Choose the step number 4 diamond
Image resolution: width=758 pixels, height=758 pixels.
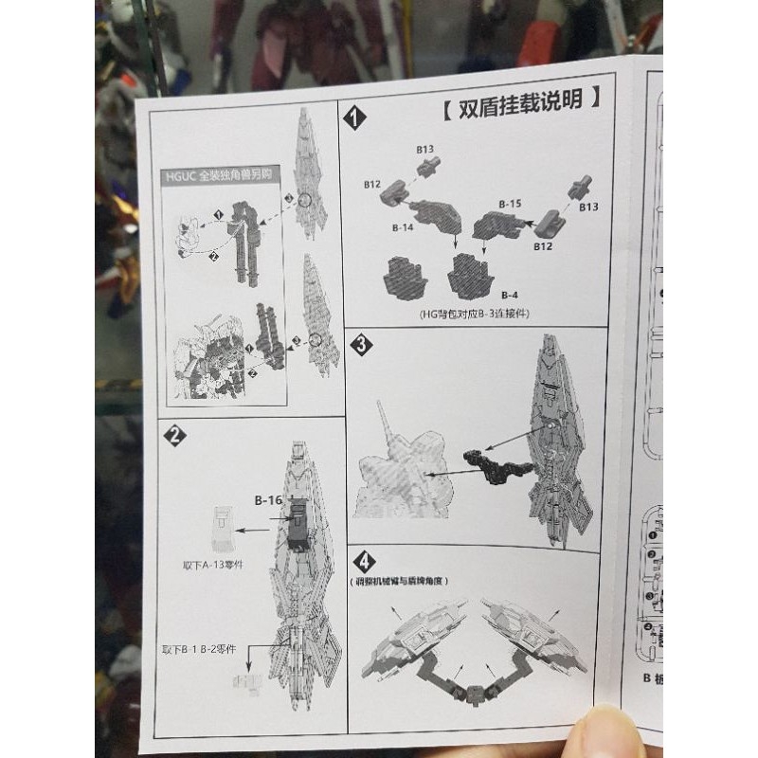[x=360, y=559]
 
